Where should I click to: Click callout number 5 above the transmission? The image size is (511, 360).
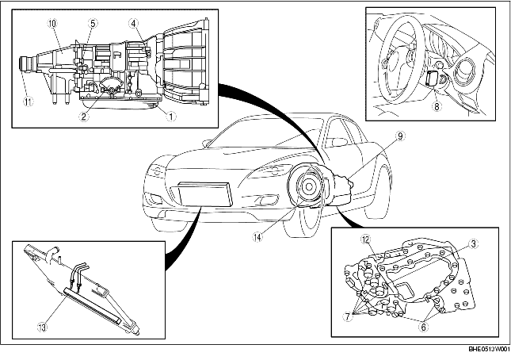[92, 24]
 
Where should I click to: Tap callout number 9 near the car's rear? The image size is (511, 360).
[401, 136]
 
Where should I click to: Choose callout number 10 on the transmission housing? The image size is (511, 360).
[51, 24]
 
